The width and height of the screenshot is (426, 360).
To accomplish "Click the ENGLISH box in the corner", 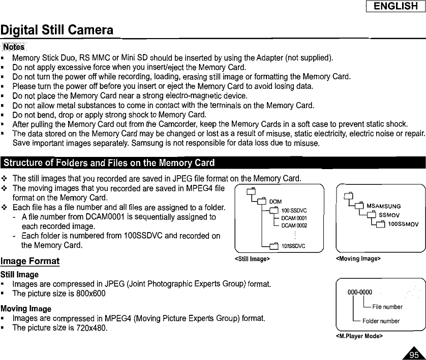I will (395, 6).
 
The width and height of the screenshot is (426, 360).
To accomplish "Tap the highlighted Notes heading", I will (14, 47).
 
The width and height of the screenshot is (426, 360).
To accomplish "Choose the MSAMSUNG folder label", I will (384, 206).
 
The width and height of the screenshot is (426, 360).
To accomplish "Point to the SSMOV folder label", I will (390, 214).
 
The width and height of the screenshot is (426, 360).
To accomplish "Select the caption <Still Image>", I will (252, 258).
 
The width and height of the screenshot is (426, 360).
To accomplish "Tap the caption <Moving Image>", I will (358, 258).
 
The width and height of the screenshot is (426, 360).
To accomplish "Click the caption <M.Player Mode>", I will (359, 336).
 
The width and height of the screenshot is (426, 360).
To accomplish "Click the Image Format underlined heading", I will (30, 262).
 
